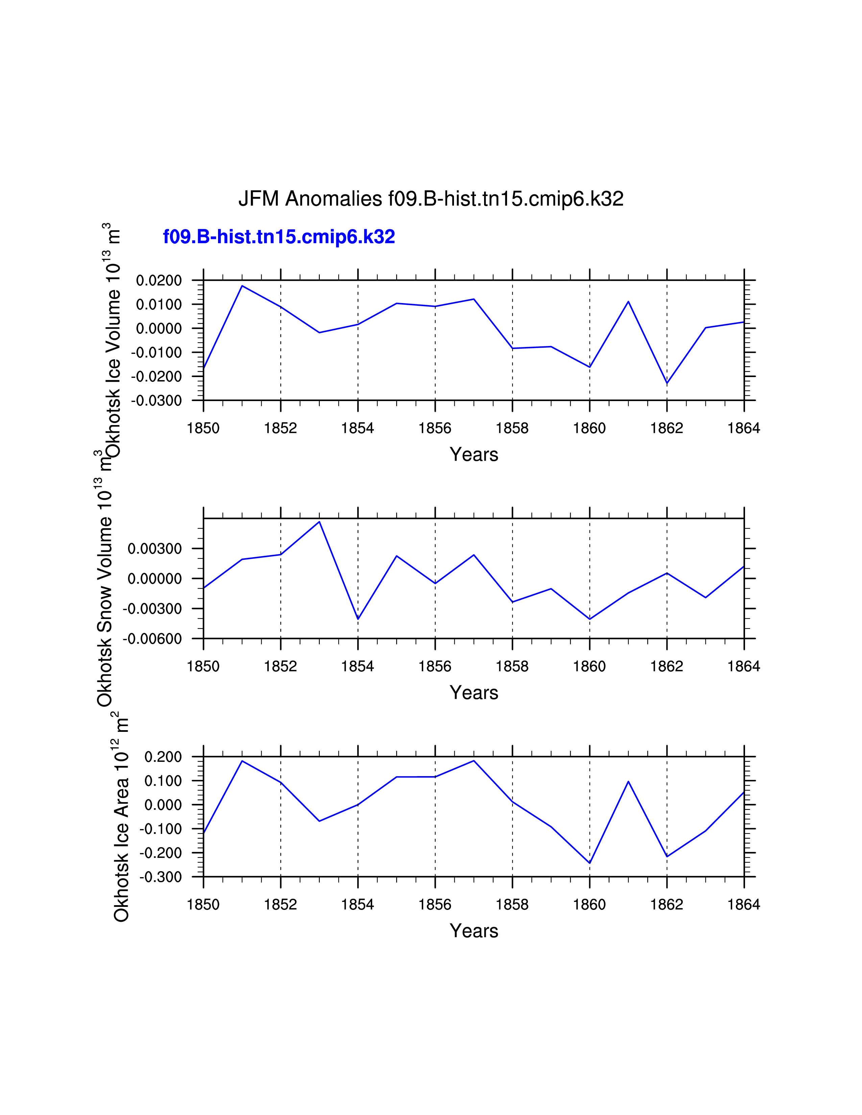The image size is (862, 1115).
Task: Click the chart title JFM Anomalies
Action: click(430, 199)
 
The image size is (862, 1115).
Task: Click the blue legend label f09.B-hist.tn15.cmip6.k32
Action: click(279, 237)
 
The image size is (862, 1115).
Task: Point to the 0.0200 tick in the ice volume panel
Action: click(159, 280)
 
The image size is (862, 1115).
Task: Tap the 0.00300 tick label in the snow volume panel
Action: click(155, 549)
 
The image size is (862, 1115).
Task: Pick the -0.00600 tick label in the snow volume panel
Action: click(152, 639)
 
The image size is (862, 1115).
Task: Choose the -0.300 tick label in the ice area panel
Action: click(160, 877)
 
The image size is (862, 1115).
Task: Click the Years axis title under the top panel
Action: click(474, 454)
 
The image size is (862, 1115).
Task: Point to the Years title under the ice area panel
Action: click(474, 931)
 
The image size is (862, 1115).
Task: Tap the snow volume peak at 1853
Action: click(319, 521)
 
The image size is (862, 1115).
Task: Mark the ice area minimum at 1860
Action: click(590, 863)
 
